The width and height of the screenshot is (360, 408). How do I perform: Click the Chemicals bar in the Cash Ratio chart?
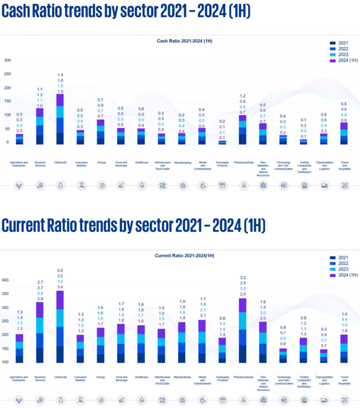click(x=60, y=119)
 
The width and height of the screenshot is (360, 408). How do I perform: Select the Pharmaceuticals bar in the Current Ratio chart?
click(x=242, y=330)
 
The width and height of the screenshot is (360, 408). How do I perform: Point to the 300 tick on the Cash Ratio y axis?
click(x=7, y=60)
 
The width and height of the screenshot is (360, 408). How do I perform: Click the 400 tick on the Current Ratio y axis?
click(x=6, y=280)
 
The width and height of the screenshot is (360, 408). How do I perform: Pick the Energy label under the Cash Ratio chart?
click(x=101, y=162)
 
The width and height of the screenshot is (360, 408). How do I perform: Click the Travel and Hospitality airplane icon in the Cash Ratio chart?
click(x=344, y=186)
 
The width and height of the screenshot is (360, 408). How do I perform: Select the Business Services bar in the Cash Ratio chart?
click(x=40, y=126)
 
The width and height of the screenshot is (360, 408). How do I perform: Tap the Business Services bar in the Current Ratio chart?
click(x=40, y=332)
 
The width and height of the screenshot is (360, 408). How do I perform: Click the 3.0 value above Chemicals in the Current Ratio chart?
click(x=60, y=271)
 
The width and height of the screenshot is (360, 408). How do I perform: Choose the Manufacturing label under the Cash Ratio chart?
click(x=183, y=162)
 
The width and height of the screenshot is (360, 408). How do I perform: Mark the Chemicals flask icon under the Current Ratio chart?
click(x=60, y=400)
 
